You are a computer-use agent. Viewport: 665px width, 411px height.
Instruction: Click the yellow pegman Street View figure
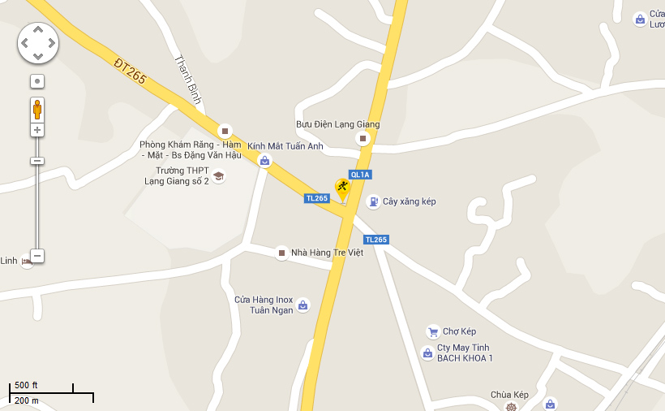pyautogui.click(x=37, y=109)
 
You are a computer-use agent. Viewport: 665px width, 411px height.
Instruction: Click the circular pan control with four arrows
pyautogui.click(x=37, y=42)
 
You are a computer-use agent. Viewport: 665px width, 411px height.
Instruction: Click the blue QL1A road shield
pyautogui.click(x=360, y=175)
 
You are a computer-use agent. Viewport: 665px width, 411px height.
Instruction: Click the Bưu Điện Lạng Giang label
pyautogui.click(x=337, y=124)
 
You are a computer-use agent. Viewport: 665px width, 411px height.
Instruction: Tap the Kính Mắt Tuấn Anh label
pyautogui.click(x=285, y=146)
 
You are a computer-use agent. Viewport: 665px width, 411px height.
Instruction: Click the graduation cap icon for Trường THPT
pyautogui.click(x=218, y=175)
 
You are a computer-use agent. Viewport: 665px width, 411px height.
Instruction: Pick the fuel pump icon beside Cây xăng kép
pyautogui.click(x=373, y=201)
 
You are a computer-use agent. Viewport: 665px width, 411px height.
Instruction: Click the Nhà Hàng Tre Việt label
pyautogui.click(x=327, y=253)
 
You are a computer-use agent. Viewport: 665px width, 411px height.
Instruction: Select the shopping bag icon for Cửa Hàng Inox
pyautogui.click(x=302, y=305)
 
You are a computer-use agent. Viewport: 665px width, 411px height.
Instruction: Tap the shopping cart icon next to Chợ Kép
pyautogui.click(x=432, y=331)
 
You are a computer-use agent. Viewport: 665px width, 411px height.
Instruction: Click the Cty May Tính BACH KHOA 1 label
pyautogui.click(x=465, y=353)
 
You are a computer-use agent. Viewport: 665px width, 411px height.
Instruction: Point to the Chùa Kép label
pyautogui.click(x=509, y=396)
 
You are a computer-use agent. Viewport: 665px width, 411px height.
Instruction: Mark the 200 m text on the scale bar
pyautogui.click(x=26, y=400)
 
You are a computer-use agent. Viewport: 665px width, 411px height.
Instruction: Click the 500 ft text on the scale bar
pyautogui.click(x=26, y=385)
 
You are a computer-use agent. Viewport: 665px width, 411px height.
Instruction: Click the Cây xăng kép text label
pyautogui.click(x=410, y=201)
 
